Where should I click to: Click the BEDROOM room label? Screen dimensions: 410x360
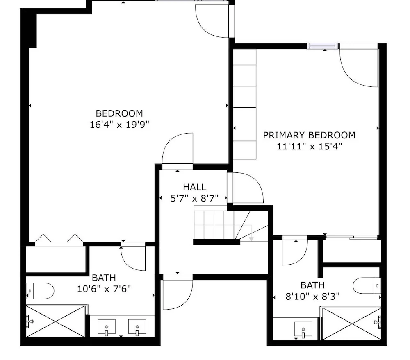coord(119,113)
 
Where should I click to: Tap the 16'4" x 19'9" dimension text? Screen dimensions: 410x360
coord(119,125)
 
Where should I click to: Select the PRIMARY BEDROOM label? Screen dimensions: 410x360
coord(309,135)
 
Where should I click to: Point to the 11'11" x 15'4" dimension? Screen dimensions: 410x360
coord(309,146)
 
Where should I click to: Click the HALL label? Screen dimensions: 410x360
coord(194,187)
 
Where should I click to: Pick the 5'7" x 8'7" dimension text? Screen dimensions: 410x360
coord(194,198)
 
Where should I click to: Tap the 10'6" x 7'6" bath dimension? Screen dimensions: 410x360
coord(104,289)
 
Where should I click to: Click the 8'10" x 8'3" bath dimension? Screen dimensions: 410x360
coord(312,297)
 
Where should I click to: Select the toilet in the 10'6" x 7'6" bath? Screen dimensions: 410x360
coord(40,291)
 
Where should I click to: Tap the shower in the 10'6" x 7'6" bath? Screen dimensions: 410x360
coord(55,322)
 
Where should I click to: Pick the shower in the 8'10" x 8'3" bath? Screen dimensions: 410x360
coord(352,324)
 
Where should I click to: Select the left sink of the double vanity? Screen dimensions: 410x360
coord(107,327)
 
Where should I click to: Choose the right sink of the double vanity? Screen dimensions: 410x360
coord(137,327)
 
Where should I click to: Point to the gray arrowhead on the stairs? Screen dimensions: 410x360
coord(251,239)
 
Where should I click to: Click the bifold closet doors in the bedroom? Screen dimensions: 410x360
coord(59,239)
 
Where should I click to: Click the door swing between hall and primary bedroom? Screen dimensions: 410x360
coord(245,188)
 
